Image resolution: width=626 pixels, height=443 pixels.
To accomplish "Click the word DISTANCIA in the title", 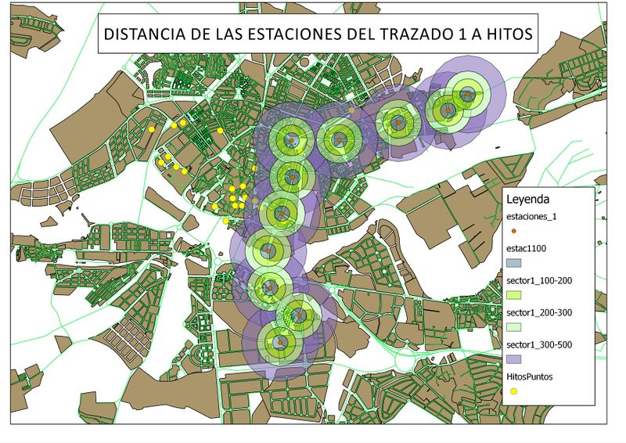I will tap(141, 35).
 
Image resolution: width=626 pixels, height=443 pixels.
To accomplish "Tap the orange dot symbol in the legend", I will tap(513, 231).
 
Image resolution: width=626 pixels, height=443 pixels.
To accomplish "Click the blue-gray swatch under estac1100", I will tap(513, 264).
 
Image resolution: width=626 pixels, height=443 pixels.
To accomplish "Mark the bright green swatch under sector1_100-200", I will tap(513, 295).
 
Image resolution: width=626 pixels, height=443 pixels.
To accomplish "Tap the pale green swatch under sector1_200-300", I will tap(513, 327).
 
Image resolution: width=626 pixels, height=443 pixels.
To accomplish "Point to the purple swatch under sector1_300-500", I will tap(513, 358).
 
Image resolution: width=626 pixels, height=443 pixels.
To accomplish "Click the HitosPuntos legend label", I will tap(530, 376).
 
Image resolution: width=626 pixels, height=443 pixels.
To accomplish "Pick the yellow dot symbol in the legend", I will tap(513, 391).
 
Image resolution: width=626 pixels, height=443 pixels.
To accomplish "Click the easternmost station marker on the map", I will tap(467, 95).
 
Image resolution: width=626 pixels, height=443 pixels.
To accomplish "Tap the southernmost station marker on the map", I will tap(277, 341).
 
